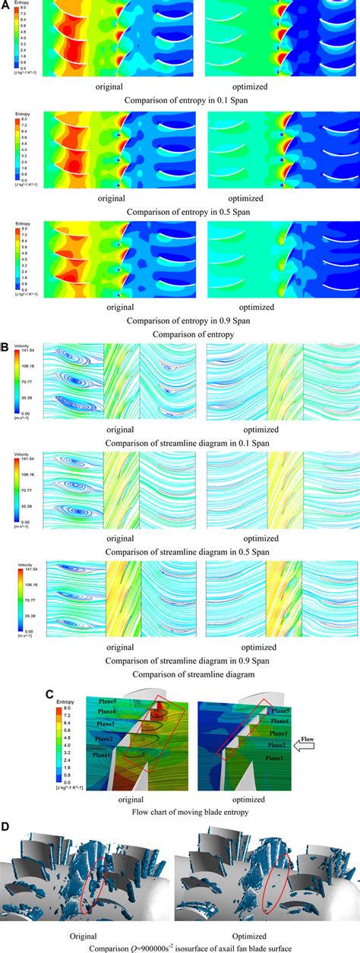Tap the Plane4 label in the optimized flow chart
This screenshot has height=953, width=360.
click(280, 721)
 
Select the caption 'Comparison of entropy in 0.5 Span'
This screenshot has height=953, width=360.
click(178, 213)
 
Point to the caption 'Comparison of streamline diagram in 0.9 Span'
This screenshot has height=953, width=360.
click(179, 659)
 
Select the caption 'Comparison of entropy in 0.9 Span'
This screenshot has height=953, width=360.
click(178, 322)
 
